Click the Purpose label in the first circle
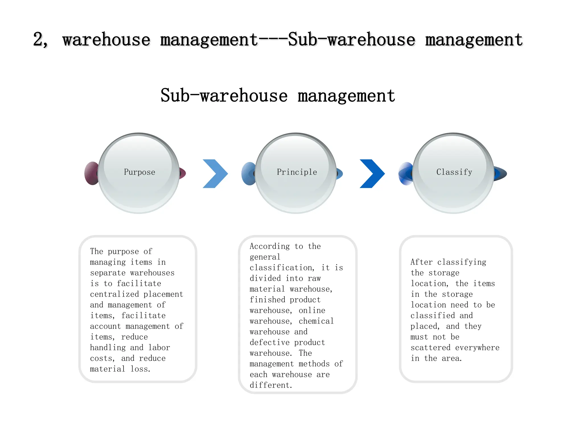click(139, 172)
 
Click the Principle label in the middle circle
click(297, 172)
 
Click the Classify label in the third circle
click(454, 172)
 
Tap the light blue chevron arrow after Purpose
click(215, 174)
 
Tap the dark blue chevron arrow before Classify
click(372, 174)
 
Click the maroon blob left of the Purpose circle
click(91, 174)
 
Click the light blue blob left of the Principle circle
click(248, 174)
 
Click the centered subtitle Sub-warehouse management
click(278, 96)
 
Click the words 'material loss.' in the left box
click(120, 369)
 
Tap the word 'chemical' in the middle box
click(316, 321)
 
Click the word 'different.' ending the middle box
click(271, 385)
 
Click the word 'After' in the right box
click(421, 262)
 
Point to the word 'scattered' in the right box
click(430, 348)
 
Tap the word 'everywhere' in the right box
click(477, 348)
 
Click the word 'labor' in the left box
click(159, 348)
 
